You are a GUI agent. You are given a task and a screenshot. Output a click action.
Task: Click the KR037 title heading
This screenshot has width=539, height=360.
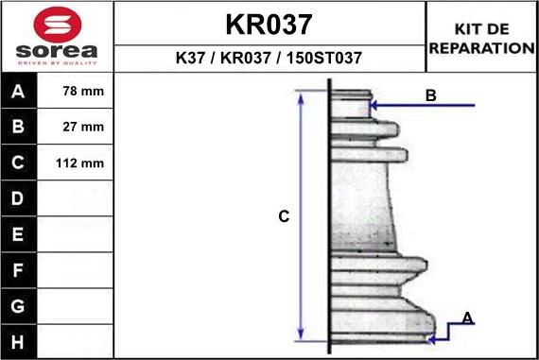269,24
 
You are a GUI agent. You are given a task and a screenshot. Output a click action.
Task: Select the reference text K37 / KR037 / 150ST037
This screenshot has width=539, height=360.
269,58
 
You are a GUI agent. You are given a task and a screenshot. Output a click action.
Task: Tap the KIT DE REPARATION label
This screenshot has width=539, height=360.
481,38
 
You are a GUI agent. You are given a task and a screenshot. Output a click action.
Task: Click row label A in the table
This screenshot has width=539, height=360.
17,92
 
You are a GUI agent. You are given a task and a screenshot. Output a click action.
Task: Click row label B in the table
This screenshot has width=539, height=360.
17,127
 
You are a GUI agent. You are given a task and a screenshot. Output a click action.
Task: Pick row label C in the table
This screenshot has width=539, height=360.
17,163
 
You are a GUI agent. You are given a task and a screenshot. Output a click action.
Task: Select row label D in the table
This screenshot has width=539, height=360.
17,198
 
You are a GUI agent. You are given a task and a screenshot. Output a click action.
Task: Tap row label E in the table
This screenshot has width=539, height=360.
17,234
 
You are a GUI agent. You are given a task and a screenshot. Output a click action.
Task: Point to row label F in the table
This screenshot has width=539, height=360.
17,270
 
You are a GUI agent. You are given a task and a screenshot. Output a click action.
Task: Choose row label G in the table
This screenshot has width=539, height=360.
17,306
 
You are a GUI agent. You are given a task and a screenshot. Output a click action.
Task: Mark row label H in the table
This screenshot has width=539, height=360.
17,341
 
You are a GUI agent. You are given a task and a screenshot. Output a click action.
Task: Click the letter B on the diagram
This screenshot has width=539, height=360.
430,95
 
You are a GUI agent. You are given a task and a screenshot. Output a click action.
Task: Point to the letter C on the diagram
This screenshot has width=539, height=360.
283,217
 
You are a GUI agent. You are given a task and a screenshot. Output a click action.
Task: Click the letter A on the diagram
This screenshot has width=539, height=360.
467,318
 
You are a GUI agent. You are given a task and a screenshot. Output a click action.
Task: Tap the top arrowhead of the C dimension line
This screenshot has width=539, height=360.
301,96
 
